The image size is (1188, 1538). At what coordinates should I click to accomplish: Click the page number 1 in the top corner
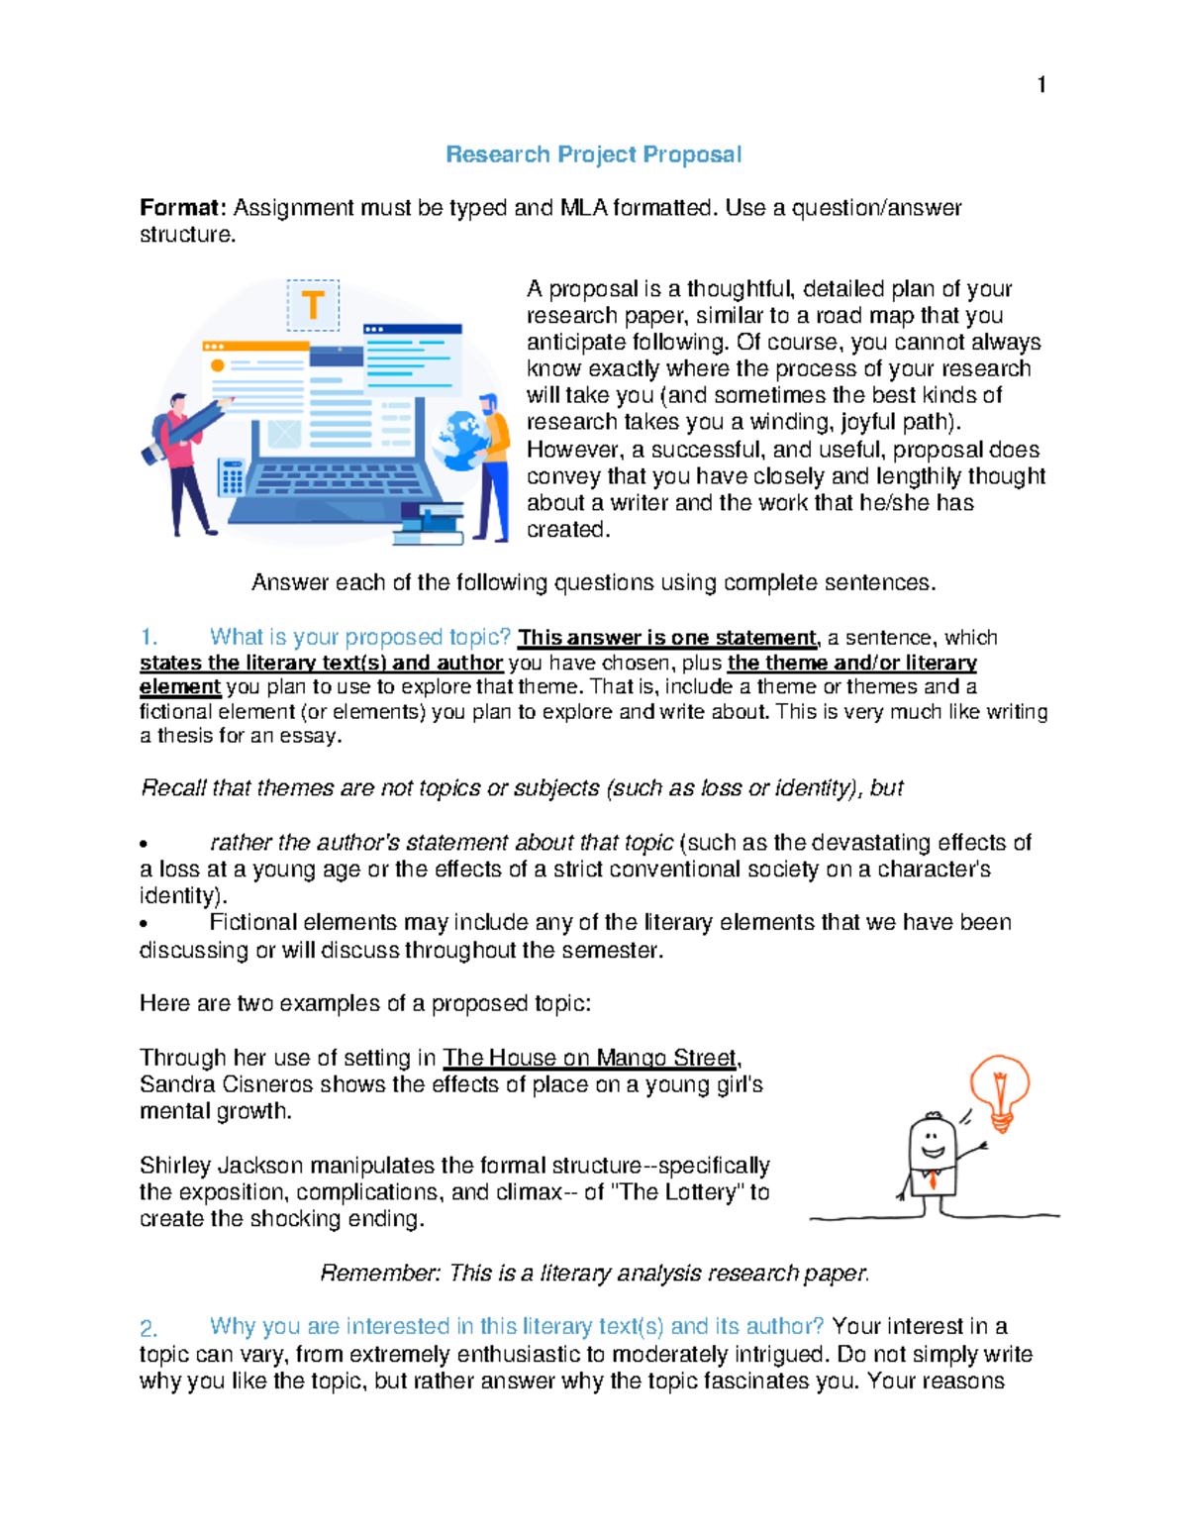[x=1040, y=85]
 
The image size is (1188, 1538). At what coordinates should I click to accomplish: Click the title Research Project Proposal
[x=593, y=154]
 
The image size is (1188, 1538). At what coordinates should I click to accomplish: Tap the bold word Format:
[x=183, y=208]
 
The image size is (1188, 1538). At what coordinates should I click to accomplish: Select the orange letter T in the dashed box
[x=313, y=305]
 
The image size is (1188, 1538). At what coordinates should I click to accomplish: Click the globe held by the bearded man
[x=459, y=440]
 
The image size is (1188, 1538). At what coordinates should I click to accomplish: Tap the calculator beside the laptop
[x=232, y=477]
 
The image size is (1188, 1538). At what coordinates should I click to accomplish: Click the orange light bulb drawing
[x=1000, y=1090]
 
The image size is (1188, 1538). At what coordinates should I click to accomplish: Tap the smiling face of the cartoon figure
[x=932, y=1141]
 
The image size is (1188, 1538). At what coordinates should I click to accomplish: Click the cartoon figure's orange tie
[x=932, y=1179]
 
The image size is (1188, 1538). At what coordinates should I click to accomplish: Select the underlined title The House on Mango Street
[x=589, y=1058]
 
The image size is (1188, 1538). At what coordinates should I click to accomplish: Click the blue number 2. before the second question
[x=148, y=1328]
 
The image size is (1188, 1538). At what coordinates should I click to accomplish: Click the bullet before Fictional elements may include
[x=145, y=924]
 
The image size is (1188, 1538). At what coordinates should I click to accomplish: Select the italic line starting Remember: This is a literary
[x=594, y=1274]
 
